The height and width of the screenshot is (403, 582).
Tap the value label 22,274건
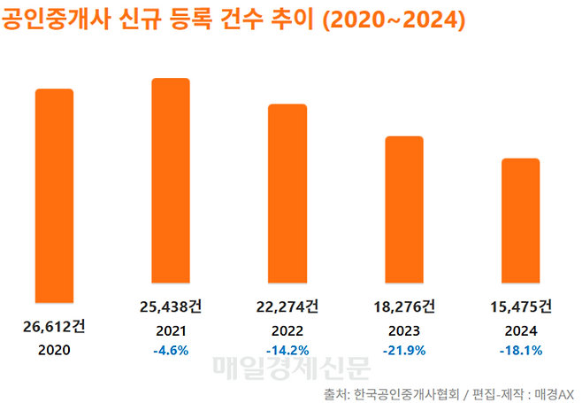click(x=287, y=307)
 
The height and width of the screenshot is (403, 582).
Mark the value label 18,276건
click(x=403, y=307)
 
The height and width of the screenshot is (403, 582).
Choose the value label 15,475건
click(x=520, y=307)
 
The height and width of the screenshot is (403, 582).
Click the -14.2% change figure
click(x=287, y=351)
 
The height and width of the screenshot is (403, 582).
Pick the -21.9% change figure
click(x=403, y=351)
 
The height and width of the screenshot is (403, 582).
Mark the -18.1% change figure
click(x=520, y=351)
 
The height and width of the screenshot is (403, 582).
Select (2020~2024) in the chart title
click(x=394, y=19)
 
